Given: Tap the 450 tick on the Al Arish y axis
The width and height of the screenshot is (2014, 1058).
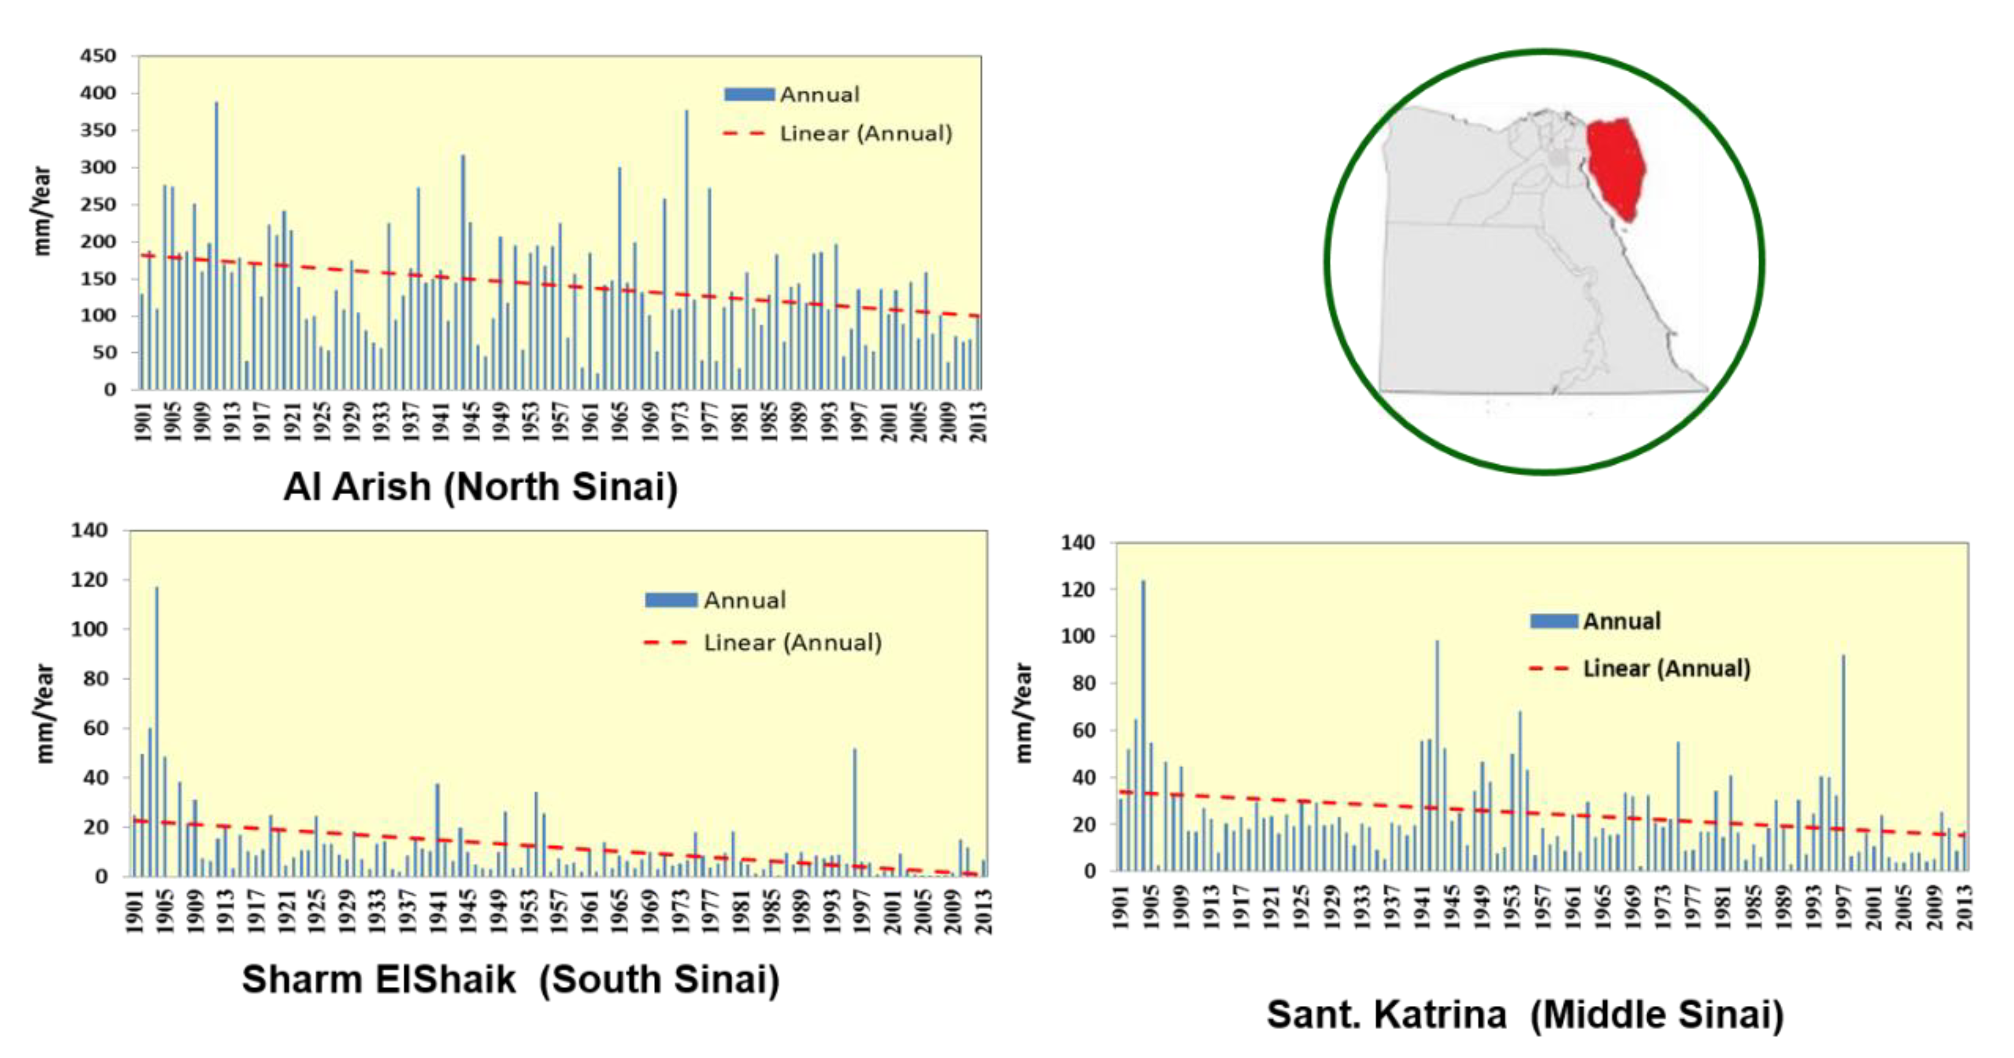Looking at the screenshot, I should click(x=98, y=56).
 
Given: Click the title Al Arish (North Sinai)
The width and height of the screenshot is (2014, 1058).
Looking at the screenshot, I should click(x=480, y=487).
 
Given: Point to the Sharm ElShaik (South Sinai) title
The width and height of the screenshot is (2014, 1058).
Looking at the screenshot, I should click(x=510, y=979).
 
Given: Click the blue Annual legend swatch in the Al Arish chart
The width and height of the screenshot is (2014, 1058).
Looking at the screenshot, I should click(x=749, y=94).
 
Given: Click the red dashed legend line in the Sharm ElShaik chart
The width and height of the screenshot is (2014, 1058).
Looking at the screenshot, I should click(x=666, y=643).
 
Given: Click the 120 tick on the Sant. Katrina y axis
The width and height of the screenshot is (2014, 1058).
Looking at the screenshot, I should click(x=1077, y=590).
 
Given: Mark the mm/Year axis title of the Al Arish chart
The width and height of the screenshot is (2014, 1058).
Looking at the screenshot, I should click(x=42, y=211).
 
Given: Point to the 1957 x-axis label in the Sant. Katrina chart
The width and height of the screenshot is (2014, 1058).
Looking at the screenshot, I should click(x=1543, y=907).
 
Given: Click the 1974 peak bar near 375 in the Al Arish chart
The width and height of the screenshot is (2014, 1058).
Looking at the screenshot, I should click(x=686, y=250).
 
